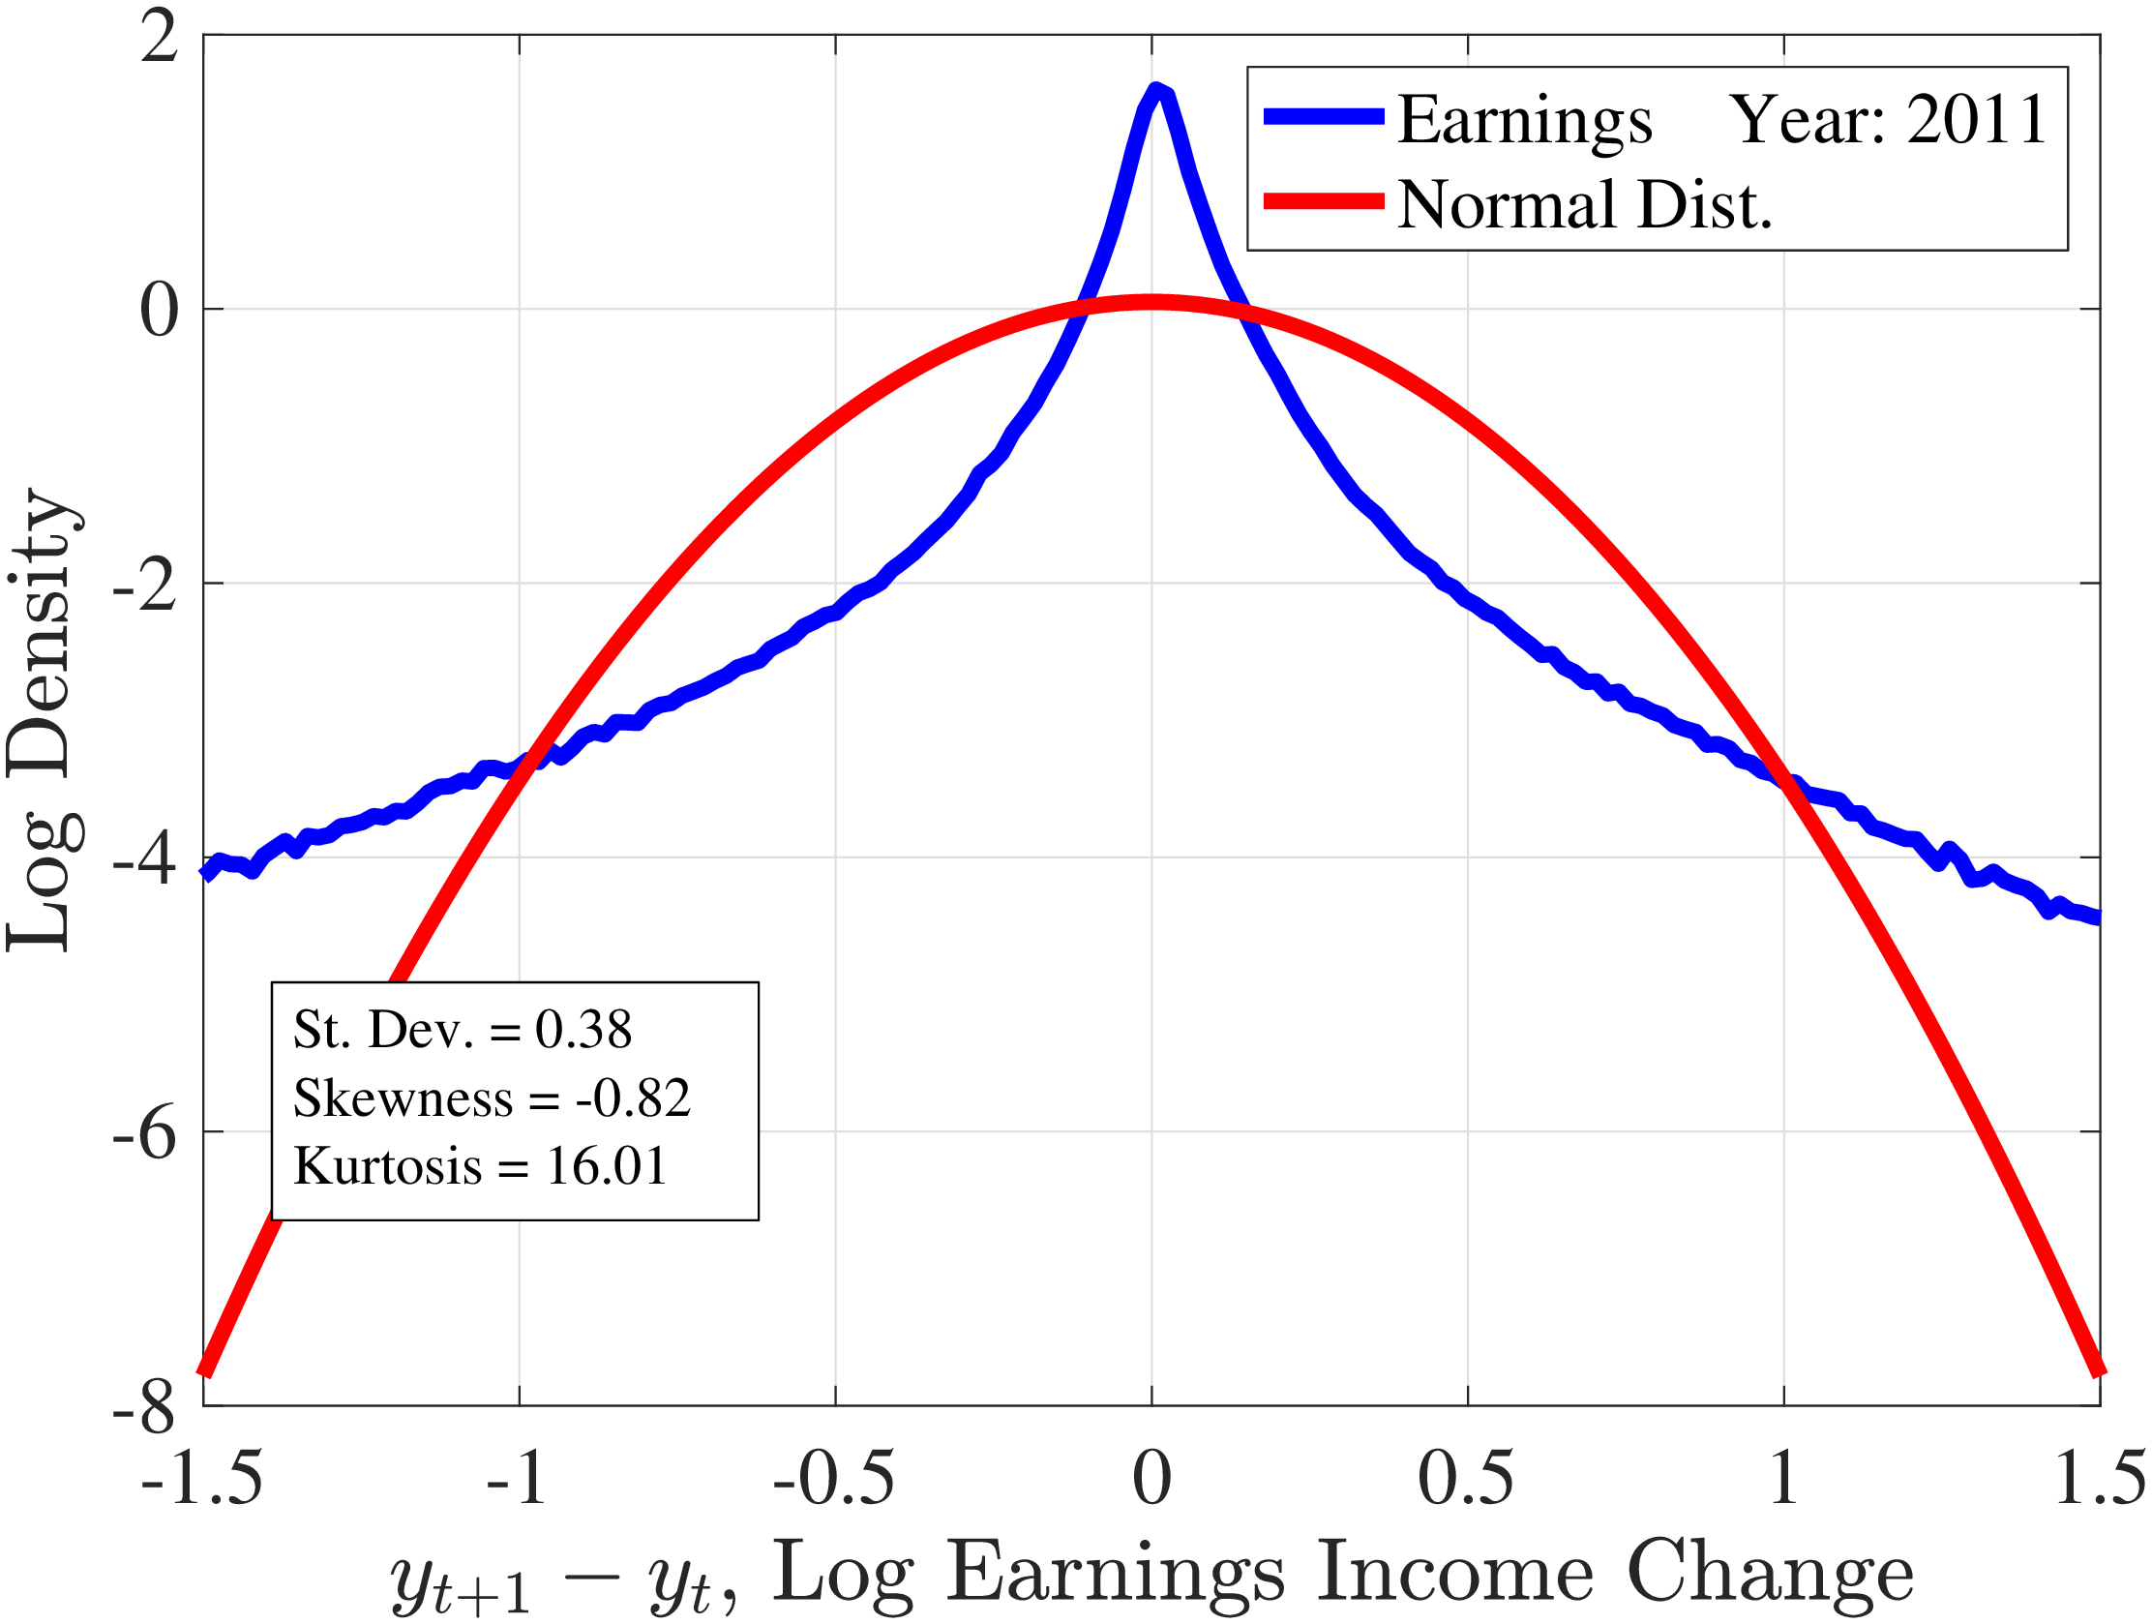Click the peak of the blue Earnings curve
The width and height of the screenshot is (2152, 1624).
click(1155, 92)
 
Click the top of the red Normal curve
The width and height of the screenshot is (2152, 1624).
click(1151, 303)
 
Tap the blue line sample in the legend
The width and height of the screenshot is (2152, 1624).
click(1323, 117)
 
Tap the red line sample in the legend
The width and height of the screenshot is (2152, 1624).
click(1323, 201)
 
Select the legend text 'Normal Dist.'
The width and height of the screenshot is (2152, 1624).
click(1585, 205)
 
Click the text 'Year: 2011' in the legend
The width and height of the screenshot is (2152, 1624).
click(1889, 120)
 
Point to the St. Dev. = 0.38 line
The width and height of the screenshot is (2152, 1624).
click(463, 1030)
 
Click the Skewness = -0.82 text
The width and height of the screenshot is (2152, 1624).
click(492, 1098)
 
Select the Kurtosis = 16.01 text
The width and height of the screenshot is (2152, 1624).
click(481, 1165)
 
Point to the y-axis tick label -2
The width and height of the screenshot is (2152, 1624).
click(146, 586)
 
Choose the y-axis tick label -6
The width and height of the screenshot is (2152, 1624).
click(146, 1133)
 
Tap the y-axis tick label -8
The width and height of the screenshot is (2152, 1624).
click(146, 1408)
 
